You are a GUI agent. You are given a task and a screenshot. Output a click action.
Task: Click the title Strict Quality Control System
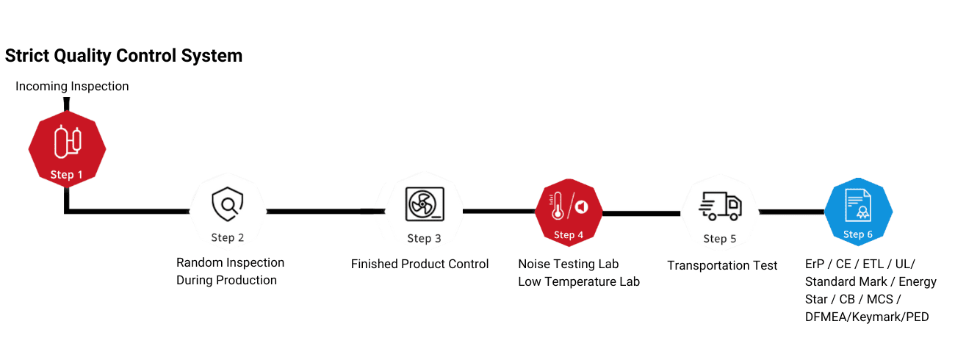click(123, 56)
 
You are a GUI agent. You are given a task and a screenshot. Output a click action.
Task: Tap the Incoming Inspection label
click(72, 86)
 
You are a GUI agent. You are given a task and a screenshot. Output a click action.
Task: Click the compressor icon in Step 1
click(68, 141)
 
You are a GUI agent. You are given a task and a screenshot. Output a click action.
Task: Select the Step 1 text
click(67, 174)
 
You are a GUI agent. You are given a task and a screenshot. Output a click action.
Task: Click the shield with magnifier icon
click(228, 204)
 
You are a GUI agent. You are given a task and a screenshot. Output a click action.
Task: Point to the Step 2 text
click(228, 237)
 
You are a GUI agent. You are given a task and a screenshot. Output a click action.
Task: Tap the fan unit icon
click(425, 204)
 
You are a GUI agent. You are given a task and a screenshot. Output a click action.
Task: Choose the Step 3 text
click(424, 239)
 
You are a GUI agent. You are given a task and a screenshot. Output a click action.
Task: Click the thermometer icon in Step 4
click(558, 206)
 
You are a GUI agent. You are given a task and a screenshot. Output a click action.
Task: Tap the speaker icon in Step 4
click(582, 207)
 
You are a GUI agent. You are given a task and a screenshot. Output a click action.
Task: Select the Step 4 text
click(569, 235)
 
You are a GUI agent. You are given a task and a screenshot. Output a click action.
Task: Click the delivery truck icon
click(720, 206)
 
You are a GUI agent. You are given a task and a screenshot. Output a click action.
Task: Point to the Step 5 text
click(720, 239)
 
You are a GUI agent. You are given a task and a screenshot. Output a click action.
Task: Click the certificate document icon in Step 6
click(858, 205)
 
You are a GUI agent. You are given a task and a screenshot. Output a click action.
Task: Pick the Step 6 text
click(858, 234)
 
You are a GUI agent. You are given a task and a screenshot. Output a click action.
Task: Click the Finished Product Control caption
click(419, 264)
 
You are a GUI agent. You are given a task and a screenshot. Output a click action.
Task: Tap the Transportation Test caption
click(722, 265)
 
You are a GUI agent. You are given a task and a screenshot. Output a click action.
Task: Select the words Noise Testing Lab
click(569, 264)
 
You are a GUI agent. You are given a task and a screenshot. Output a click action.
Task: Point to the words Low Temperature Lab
click(579, 281)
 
